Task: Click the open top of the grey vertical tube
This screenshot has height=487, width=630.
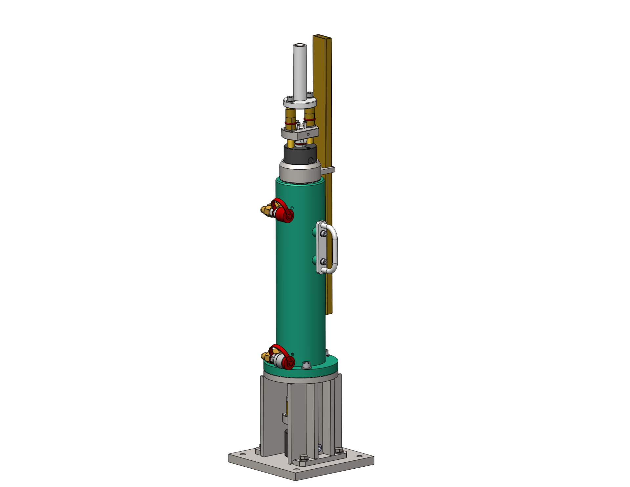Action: point(300,45)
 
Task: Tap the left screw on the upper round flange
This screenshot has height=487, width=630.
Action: point(290,98)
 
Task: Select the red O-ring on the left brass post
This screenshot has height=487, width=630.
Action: point(290,123)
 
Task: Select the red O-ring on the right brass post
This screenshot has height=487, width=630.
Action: point(309,119)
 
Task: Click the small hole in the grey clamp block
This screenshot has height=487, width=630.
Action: point(308,134)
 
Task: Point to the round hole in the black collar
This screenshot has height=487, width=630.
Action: point(310,160)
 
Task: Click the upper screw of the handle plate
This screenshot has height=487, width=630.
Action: point(324,234)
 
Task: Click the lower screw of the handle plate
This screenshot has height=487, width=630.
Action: point(324,262)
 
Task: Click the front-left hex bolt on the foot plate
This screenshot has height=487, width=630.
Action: point(303,457)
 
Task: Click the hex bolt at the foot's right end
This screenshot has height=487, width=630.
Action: point(338,450)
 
